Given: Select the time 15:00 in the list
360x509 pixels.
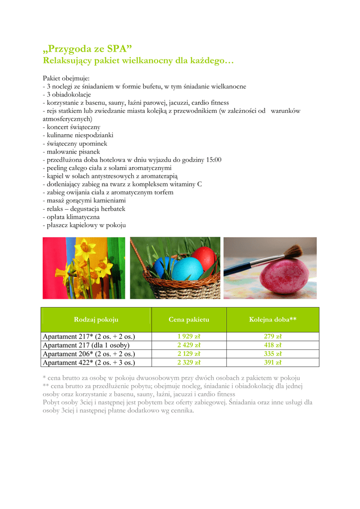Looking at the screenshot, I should coord(213,160).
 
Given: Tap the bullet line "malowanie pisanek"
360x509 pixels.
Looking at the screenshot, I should coord(72,151).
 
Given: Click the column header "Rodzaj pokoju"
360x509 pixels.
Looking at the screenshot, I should coord(96,319).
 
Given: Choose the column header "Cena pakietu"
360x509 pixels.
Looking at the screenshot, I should coord(188,319).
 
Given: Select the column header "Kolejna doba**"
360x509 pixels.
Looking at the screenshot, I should coord(272,319).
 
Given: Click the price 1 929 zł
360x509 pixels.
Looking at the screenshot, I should coord(188,337).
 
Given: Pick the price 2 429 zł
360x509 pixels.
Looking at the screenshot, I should coord(188,345).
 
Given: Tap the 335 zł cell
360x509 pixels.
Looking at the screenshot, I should coord(272,354).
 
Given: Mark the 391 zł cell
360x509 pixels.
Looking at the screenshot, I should coord(272,362).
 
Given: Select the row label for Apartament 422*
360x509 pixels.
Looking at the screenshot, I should coord(89,362).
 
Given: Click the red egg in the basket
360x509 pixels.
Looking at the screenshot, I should coord(204,257).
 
